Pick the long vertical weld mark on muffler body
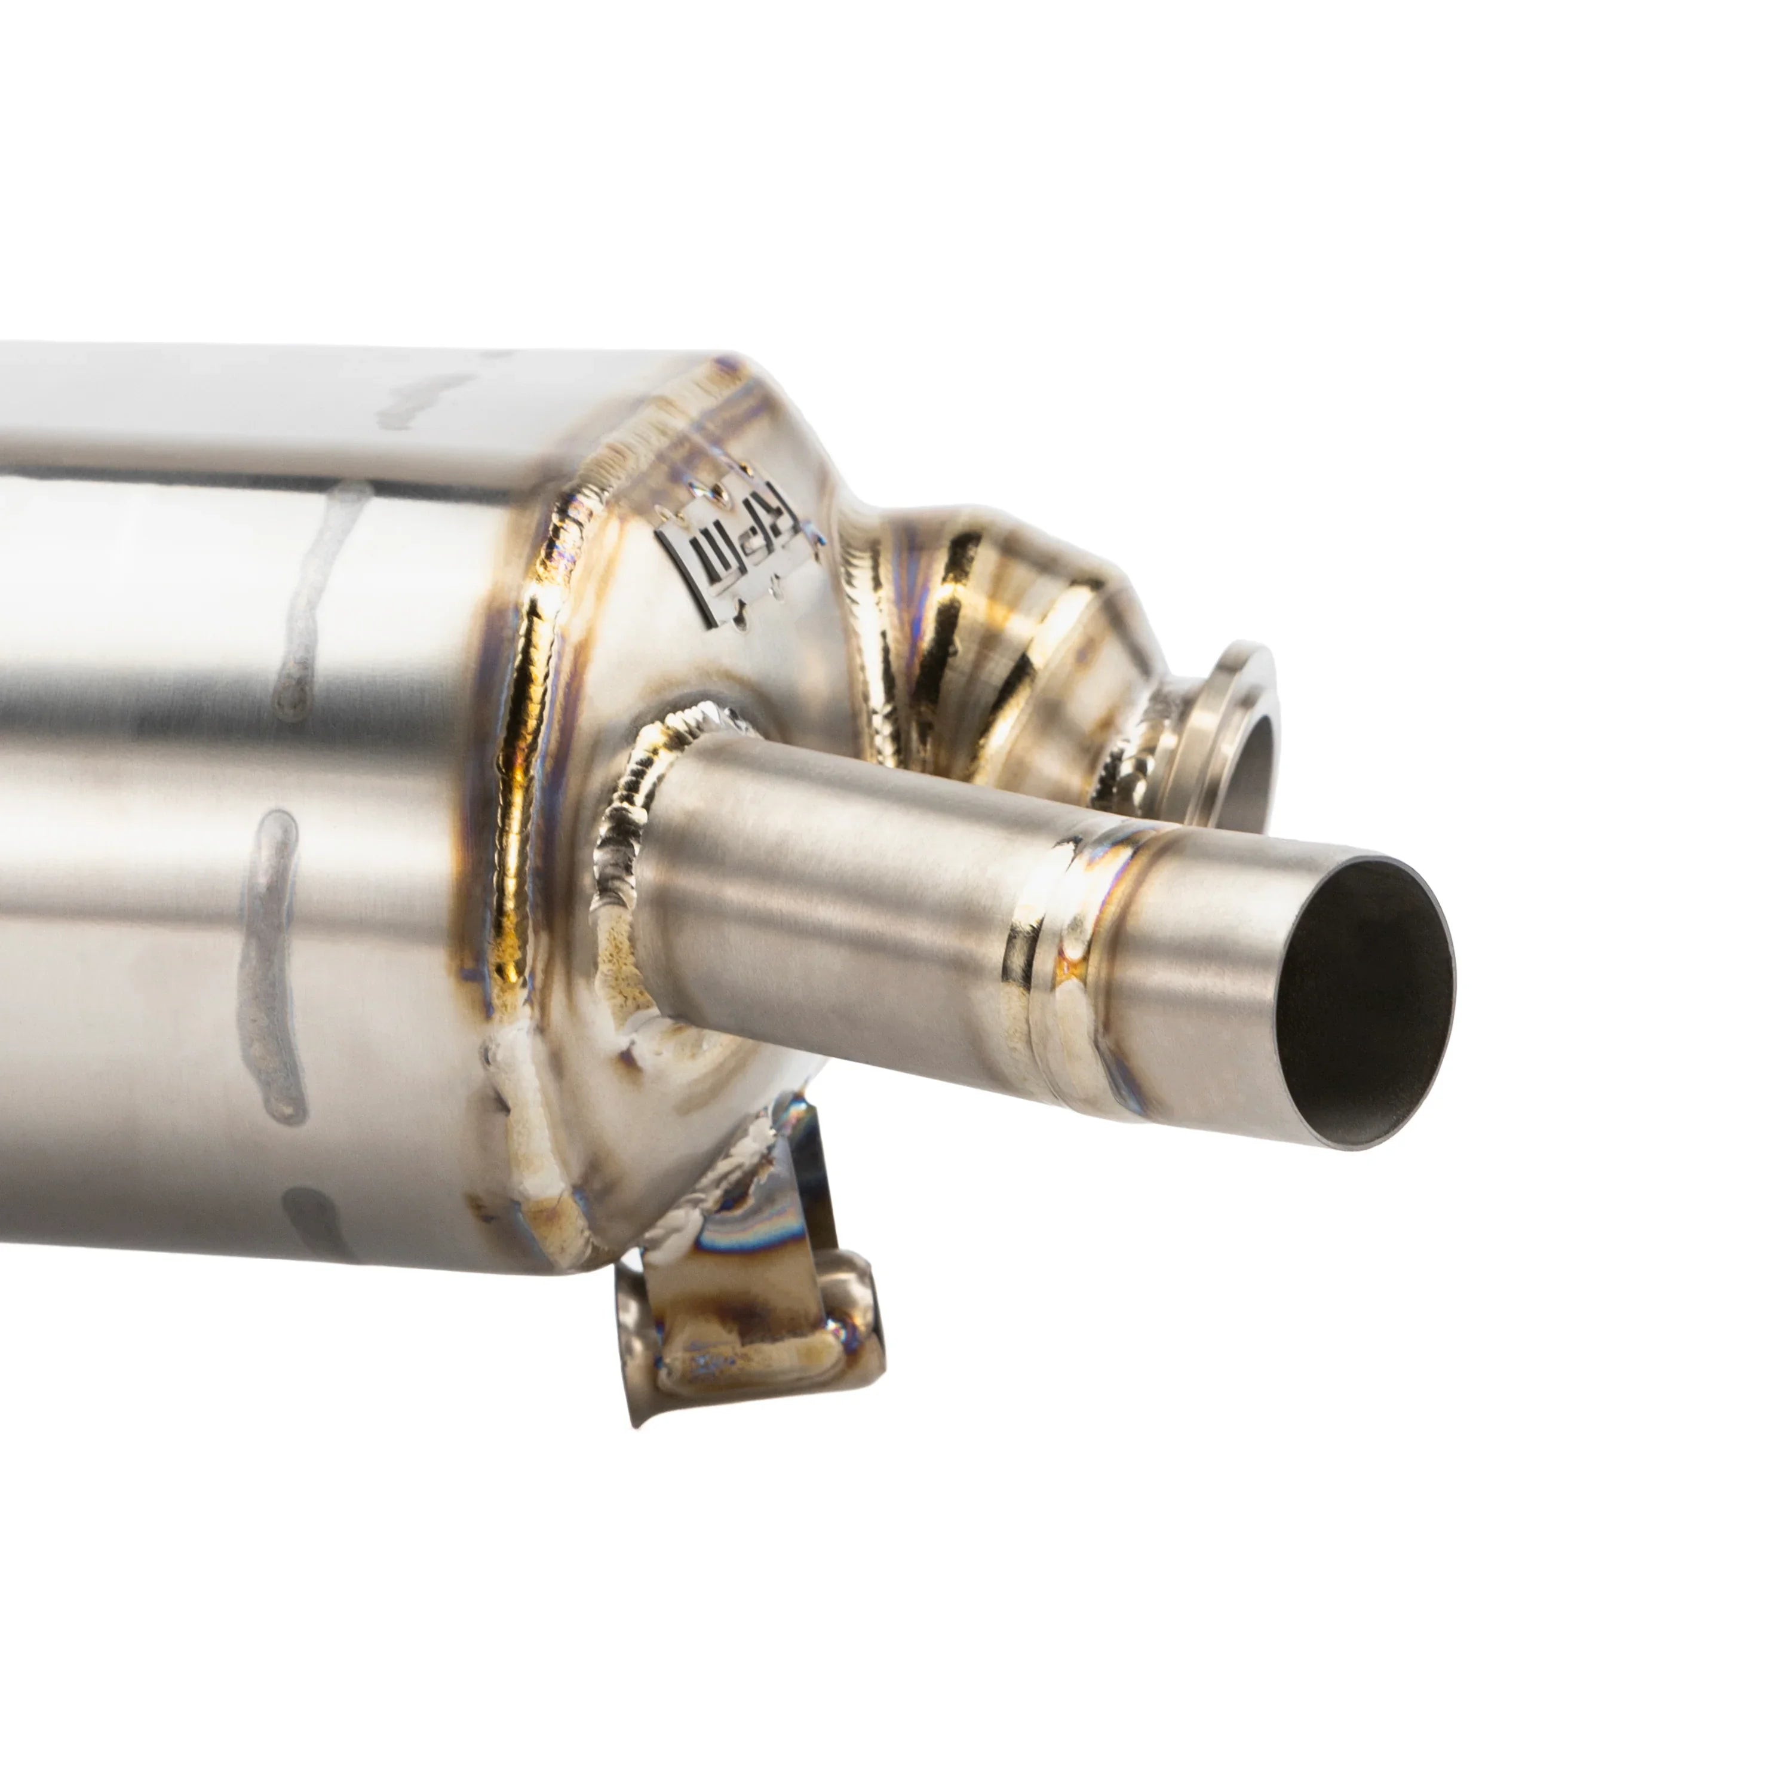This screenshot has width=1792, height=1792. tap(269, 965)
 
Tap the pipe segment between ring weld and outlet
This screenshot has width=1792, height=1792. tap(1196, 992)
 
